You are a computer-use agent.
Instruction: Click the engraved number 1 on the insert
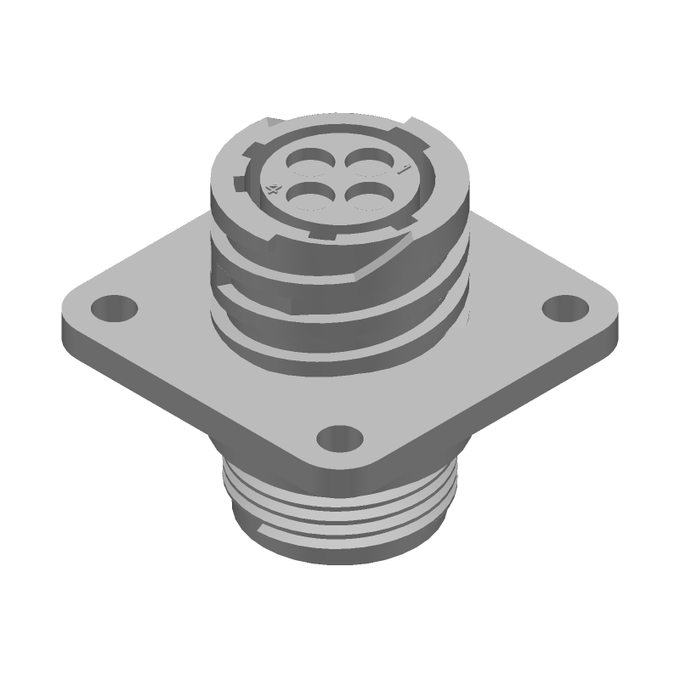pos(405,169)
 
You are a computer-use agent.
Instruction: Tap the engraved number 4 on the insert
pos(273,190)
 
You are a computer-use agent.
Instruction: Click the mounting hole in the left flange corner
pos(109,304)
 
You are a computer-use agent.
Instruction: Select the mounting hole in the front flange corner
pos(338,438)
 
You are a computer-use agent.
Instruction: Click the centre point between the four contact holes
pos(336,179)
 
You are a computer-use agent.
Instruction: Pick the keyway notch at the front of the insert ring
pos(319,230)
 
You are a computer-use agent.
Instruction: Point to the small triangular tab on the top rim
pos(270,124)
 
